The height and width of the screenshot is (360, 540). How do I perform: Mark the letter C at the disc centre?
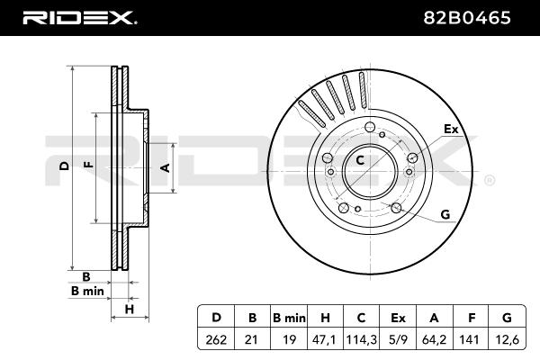coord(359,161)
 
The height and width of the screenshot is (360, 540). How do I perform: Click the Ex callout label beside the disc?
coord(450,130)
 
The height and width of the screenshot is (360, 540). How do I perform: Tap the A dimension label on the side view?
coord(165,167)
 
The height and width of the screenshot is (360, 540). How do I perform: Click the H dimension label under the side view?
coord(130,310)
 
